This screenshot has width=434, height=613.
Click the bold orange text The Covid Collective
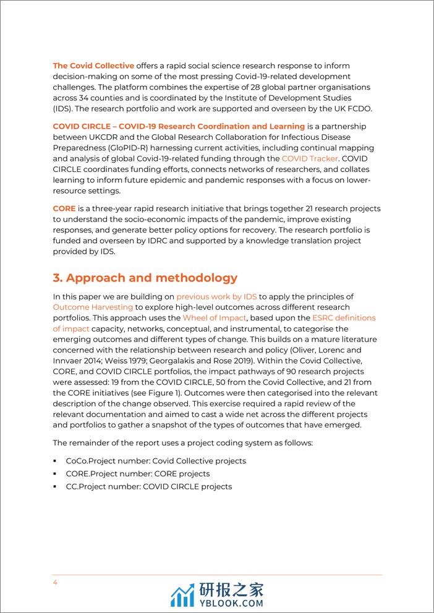[x=93, y=66]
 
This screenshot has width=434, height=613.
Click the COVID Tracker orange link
[x=310, y=158]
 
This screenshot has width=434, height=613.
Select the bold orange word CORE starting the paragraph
[x=65, y=208]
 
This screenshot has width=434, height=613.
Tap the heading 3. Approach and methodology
[x=145, y=278]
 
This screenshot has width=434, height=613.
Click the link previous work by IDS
[x=216, y=297]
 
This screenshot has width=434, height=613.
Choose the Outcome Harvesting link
[x=93, y=307]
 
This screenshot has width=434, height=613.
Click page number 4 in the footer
[x=55, y=582]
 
